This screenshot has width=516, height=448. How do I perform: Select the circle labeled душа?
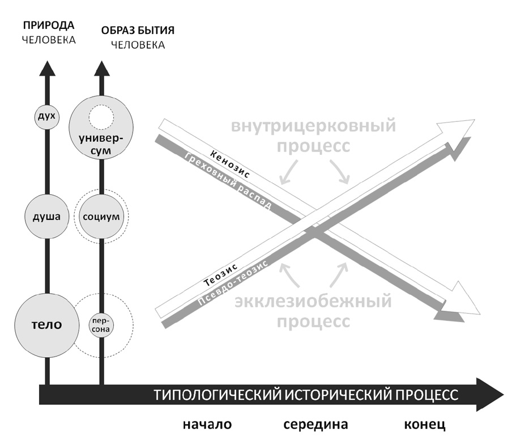click(x=46, y=216)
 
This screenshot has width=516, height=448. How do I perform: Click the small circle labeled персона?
click(x=102, y=325)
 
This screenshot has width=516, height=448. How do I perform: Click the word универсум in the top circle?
click(x=101, y=145)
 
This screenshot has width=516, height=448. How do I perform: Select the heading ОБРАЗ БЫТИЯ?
click(x=130, y=30)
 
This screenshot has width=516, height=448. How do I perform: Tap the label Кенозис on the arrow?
click(x=229, y=164)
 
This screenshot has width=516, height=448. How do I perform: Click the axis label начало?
click(x=207, y=425)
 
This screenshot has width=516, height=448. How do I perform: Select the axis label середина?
click(x=315, y=425)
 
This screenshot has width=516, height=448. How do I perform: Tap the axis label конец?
click(x=425, y=425)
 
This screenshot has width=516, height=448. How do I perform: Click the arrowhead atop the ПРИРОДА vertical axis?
click(x=48, y=68)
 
